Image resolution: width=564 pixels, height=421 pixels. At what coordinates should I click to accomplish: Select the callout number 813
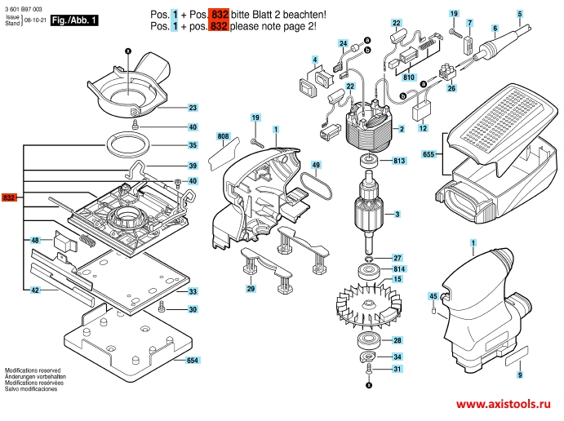click(x=399, y=161)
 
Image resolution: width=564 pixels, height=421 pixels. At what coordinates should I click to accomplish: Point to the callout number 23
click(x=193, y=108)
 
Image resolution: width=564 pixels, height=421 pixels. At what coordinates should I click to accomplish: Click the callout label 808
click(x=223, y=136)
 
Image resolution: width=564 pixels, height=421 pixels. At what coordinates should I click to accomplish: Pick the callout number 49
click(x=316, y=166)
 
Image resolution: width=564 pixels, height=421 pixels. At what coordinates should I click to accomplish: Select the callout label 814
click(x=399, y=268)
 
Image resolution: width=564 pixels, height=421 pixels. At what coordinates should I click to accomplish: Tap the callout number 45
click(x=433, y=295)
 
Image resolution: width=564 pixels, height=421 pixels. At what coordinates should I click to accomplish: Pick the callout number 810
click(x=410, y=78)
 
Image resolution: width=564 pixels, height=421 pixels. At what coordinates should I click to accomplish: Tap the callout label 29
click(x=251, y=289)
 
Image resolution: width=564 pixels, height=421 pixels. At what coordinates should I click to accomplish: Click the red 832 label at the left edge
click(x=10, y=198)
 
